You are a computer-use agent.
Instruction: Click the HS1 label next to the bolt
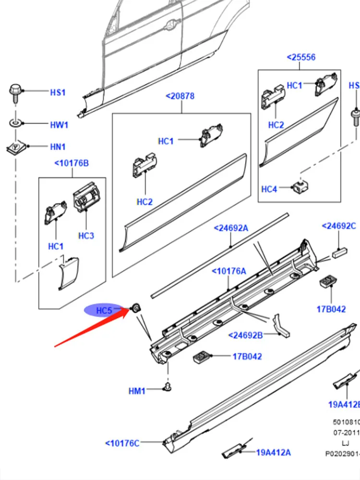pos(58,92)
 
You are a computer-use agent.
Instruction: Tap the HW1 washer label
pos(59,125)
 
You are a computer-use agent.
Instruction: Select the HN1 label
pos(58,147)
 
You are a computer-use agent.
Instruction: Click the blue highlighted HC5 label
pos(104,311)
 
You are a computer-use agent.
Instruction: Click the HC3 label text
pos(86,236)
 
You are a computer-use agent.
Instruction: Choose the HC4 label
pos(269,189)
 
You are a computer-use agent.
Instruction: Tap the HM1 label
pos(137,391)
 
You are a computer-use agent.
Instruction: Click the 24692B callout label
pos(246,335)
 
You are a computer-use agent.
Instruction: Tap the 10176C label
pos(122,443)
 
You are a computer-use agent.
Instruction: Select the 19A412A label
pos(273,452)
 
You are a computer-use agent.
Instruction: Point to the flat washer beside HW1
pos(15,124)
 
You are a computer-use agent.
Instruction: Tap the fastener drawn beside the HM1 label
pos(167,387)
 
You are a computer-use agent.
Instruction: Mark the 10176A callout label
pos(229,271)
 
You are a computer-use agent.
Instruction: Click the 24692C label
pos(338,226)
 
